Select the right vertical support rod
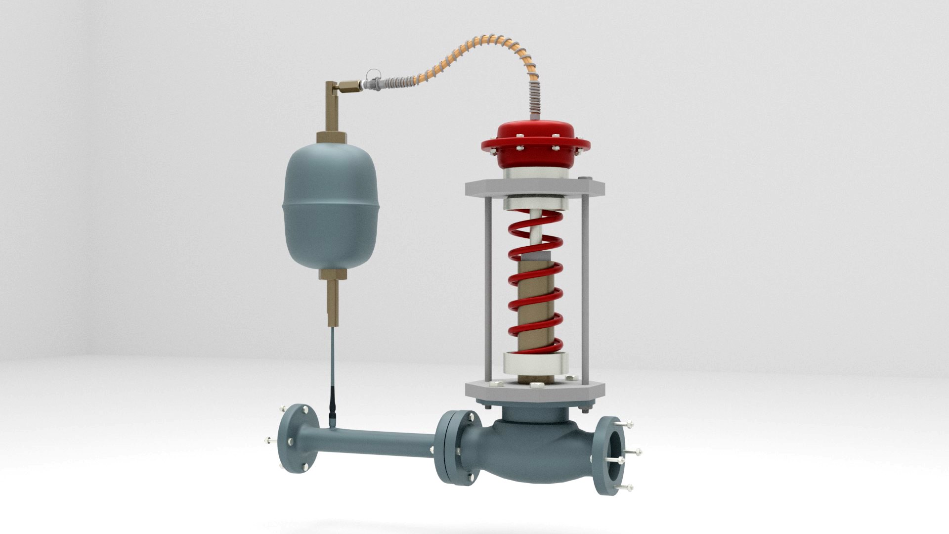click(586, 287)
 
